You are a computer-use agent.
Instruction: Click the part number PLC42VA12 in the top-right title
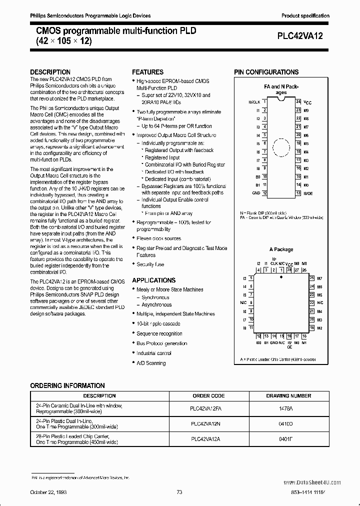[x=303, y=35]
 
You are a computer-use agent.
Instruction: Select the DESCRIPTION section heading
[x=50, y=72]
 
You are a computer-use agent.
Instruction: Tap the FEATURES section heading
[x=147, y=72]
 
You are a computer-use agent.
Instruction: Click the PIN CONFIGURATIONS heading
[x=266, y=72]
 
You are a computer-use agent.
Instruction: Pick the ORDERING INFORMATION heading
[x=67, y=385]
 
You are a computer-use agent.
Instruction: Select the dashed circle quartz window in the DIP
[x=281, y=147]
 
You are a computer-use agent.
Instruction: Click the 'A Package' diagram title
[x=281, y=249]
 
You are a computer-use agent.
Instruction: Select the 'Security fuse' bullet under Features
[x=150, y=264]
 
